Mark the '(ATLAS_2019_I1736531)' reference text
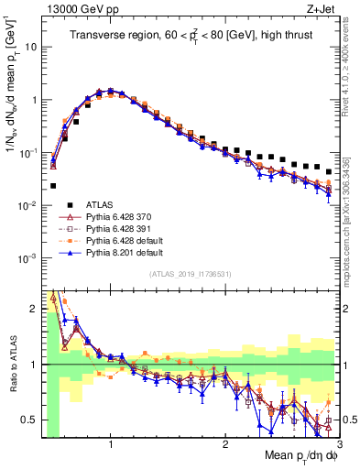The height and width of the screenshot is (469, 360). tap(190, 274)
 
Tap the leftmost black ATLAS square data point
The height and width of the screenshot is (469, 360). tap(53, 186)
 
